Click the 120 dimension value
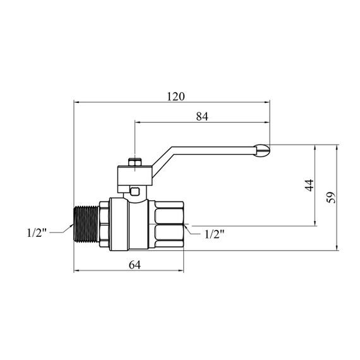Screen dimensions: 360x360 pyautogui.click(x=176, y=97)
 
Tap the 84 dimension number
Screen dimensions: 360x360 pyautogui.click(x=202, y=117)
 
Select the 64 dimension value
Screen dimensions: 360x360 pyautogui.click(x=135, y=265)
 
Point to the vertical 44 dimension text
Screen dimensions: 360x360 pyautogui.click(x=309, y=185)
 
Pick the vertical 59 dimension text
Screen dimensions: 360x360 pyautogui.click(x=331, y=197)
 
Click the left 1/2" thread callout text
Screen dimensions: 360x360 pyautogui.click(x=37, y=233)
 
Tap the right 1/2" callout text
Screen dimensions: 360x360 pyautogui.click(x=215, y=234)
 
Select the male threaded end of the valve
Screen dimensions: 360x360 pyautogui.click(x=87, y=224)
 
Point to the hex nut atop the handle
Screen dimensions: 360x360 pyautogui.click(x=135, y=162)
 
